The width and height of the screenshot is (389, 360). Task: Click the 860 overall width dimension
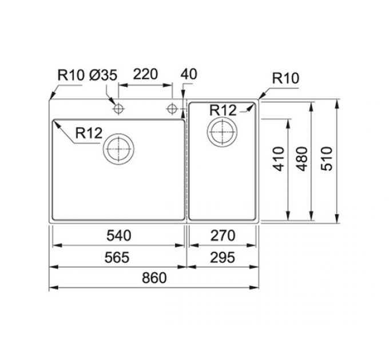[154, 278]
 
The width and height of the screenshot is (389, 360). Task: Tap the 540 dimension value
[118, 235]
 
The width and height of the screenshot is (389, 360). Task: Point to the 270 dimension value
[223, 235]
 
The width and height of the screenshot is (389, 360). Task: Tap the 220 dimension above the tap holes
[145, 75]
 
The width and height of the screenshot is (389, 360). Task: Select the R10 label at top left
[70, 75]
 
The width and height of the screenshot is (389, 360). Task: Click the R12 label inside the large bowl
[88, 134]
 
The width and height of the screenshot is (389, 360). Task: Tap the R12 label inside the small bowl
[223, 110]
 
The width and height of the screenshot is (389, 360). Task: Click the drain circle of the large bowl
[118, 150]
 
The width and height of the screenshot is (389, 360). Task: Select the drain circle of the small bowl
[221, 132]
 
